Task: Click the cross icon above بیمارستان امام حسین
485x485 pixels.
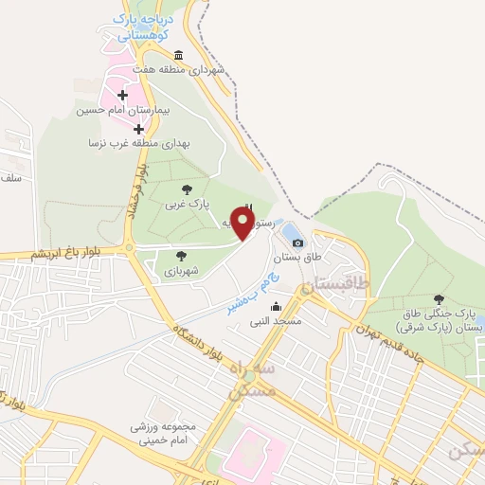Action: click(x=123, y=95)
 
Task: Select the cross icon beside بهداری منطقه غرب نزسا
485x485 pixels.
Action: click(x=139, y=127)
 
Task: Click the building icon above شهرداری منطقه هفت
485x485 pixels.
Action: click(x=179, y=55)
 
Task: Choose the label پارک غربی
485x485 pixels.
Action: click(x=185, y=204)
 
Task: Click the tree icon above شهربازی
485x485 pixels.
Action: click(x=180, y=255)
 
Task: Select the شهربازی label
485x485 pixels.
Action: click(x=180, y=269)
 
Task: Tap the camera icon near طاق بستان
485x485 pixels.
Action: click(x=297, y=243)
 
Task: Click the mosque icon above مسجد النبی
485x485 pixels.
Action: click(x=276, y=307)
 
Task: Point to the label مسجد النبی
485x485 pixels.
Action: click(x=276, y=321)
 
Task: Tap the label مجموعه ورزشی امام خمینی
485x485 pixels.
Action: click(x=163, y=433)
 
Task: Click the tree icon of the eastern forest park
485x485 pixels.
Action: click(x=438, y=299)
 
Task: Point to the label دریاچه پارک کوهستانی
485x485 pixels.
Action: click(x=142, y=26)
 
